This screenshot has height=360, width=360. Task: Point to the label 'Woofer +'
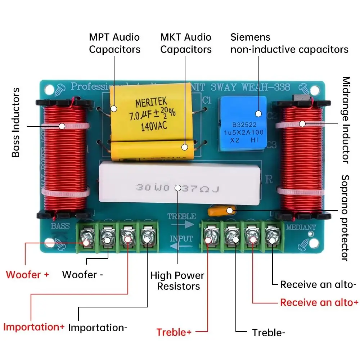[27, 275]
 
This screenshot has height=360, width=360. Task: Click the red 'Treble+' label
[174, 332]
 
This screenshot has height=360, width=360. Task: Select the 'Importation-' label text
[98, 328]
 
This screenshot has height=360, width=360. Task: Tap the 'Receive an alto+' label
[319, 302]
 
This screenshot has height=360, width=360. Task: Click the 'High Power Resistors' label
[177, 281]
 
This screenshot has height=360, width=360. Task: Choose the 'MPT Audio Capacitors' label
[114, 43]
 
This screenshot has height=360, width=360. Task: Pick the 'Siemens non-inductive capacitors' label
[289, 43]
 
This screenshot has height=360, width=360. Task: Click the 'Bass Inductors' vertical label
[16, 122]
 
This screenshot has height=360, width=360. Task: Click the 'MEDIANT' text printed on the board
[301, 227]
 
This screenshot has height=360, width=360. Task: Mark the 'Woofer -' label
[82, 275]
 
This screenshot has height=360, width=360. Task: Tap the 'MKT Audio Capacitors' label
[186, 43]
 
